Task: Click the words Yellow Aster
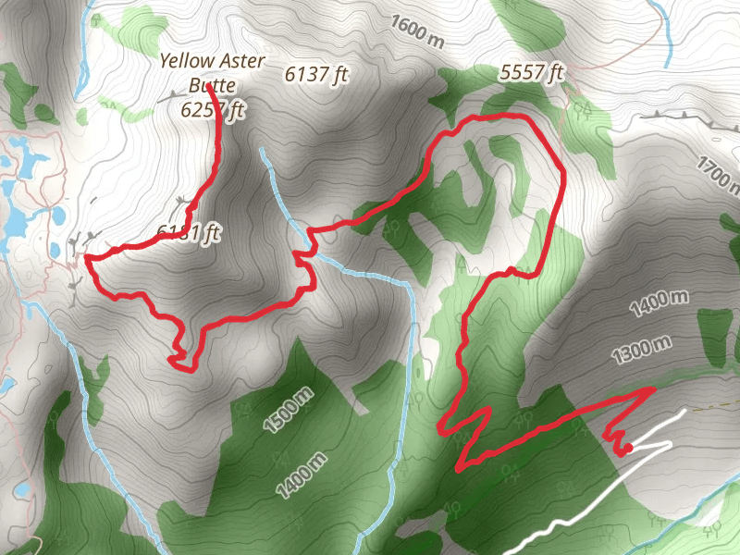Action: point(213,61)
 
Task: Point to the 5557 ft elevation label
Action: point(531,71)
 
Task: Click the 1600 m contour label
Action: point(417,31)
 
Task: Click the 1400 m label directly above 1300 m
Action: point(660,304)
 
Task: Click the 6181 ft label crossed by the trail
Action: point(189,231)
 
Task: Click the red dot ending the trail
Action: point(628,449)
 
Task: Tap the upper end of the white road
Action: point(684,410)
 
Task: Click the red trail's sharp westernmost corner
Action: point(87,258)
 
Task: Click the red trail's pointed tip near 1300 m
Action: point(653,388)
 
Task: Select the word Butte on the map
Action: point(213,86)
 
